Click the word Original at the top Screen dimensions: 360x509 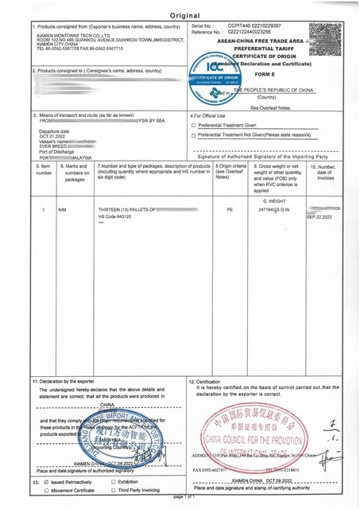180,15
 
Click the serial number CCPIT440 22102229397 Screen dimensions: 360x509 255,26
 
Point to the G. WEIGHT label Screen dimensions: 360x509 273,201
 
